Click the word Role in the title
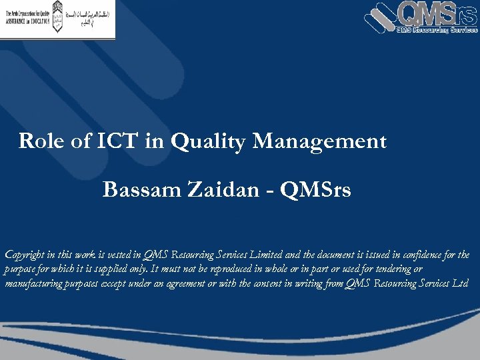pos(39,141)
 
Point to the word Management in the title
pos(320,141)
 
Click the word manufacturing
pos(35,284)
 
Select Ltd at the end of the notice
pos(461,284)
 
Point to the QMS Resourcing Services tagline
pos(437,29)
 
